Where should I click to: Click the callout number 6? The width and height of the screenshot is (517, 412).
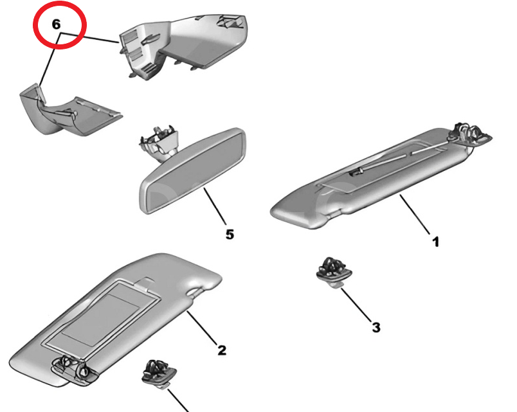pyautogui.click(x=57, y=24)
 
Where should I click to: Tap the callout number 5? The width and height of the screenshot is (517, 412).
pyautogui.click(x=230, y=235)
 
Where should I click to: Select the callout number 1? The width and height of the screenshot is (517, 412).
pyautogui.click(x=436, y=242)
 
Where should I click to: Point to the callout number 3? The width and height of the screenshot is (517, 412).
pyautogui.click(x=376, y=327)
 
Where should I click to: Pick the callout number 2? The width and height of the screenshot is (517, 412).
pyautogui.click(x=222, y=350)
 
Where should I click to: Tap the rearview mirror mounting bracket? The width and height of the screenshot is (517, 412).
pyautogui.click(x=159, y=142)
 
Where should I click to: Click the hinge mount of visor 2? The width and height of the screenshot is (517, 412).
pyautogui.click(x=74, y=369)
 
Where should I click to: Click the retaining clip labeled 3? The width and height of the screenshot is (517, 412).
pyautogui.click(x=334, y=272)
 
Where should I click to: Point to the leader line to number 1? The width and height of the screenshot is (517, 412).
pyautogui.click(x=415, y=214)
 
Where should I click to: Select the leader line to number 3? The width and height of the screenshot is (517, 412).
pyautogui.click(x=356, y=305)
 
